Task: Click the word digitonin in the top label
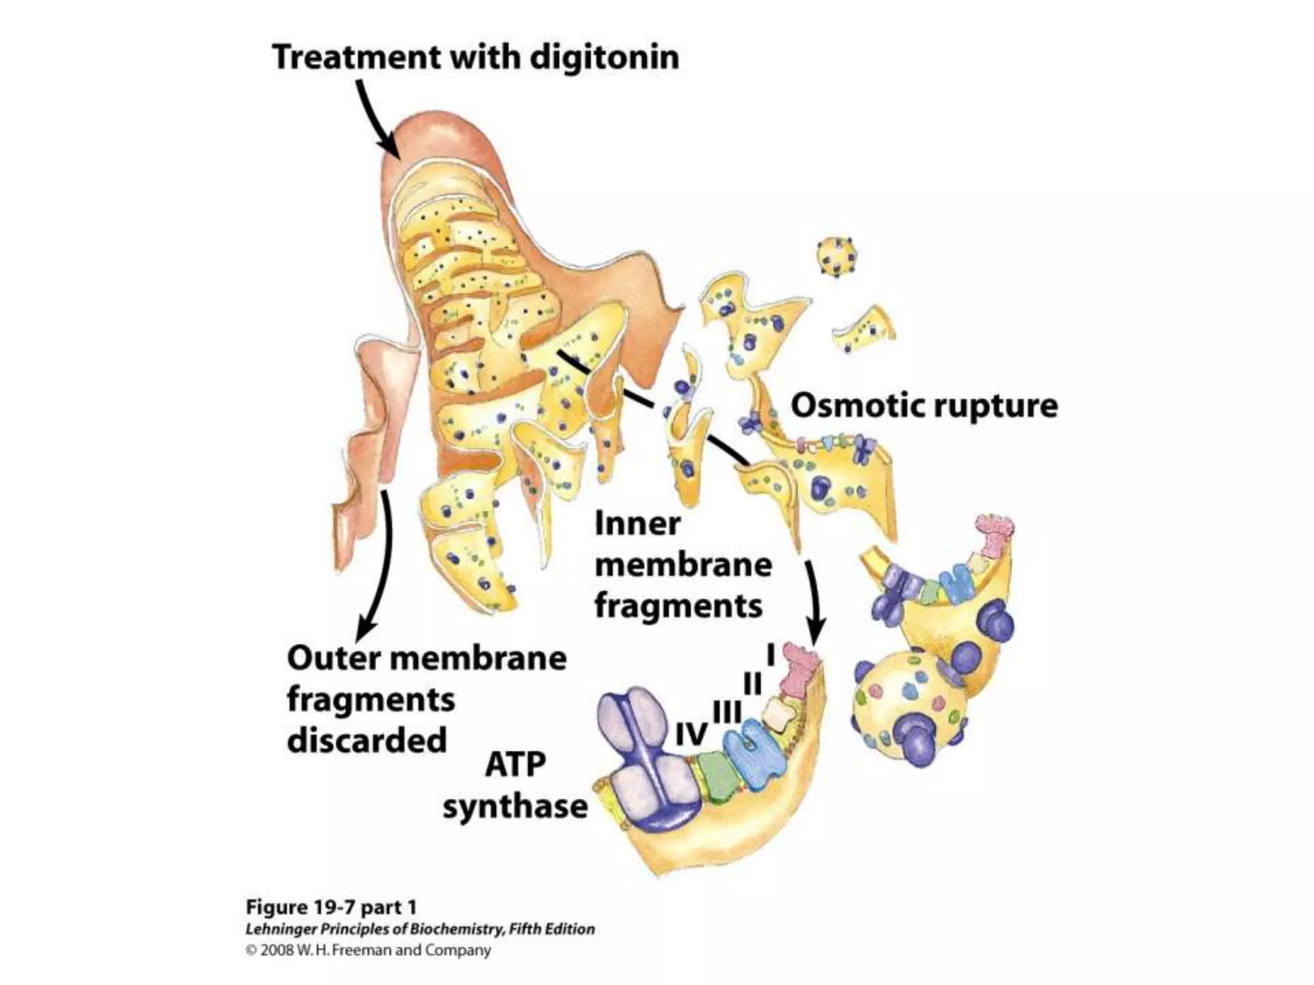click(x=604, y=58)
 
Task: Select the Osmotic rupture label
click(x=924, y=407)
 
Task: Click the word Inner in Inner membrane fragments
click(x=637, y=525)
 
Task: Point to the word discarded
click(x=366, y=741)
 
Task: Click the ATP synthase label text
click(x=515, y=785)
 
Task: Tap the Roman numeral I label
click(x=772, y=655)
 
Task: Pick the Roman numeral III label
click(x=728, y=711)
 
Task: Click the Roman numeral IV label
click(x=692, y=735)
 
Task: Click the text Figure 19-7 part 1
click(x=331, y=908)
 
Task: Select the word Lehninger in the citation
click(x=280, y=929)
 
